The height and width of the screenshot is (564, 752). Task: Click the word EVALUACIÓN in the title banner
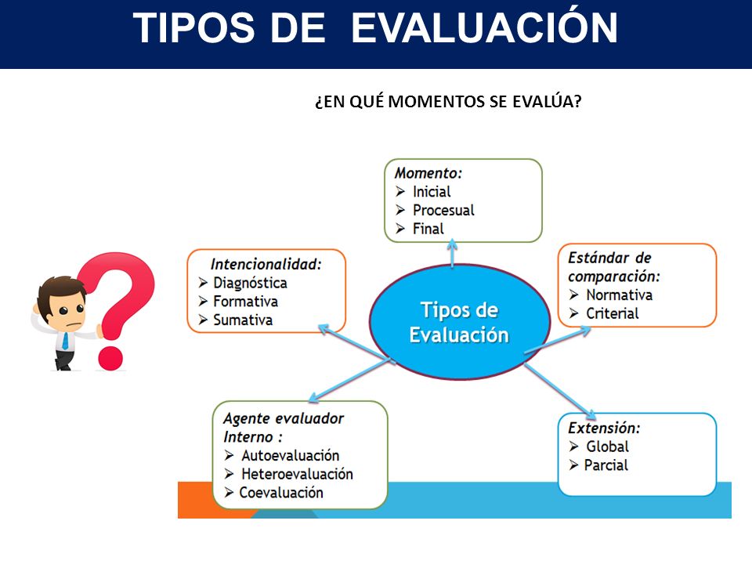pos(484,27)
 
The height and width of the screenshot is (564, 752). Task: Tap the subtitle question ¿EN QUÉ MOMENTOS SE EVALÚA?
pos(448,102)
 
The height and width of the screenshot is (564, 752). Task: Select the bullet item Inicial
pos(432,192)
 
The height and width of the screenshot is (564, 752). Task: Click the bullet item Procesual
pos(443,210)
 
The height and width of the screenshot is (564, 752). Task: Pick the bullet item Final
pos(428,229)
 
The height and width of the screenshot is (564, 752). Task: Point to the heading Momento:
pos(428,172)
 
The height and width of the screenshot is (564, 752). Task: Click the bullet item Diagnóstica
pos(251,283)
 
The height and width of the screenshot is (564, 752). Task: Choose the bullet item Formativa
pos(245,301)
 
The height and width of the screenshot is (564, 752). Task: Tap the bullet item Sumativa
pos(243,320)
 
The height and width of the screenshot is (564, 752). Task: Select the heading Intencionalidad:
pos(266,264)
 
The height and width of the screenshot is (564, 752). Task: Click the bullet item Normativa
pos(619,295)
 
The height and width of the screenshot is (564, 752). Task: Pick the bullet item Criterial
pos(613,313)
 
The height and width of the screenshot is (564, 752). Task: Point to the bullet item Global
pos(607,446)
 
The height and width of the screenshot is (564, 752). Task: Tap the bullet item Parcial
pos(606,465)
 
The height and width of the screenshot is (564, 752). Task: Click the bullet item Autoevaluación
pos(290,455)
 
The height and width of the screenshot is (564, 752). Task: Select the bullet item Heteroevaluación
pos(297,474)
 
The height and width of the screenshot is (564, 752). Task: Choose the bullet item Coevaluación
pos(281,493)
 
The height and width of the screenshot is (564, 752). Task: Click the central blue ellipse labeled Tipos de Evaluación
pos(460,322)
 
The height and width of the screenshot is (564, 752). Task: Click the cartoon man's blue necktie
pos(65,340)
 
